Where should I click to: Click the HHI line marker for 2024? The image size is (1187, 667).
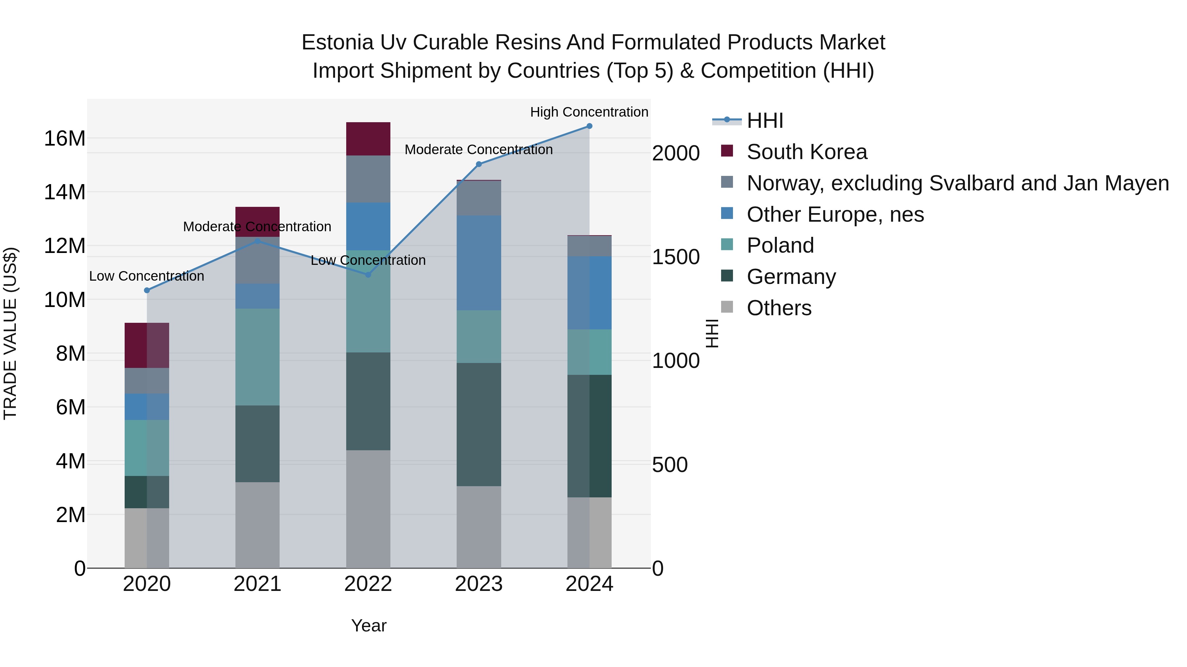[x=589, y=126]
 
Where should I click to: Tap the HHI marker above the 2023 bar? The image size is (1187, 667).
[x=478, y=164]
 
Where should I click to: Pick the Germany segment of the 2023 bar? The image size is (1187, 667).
[x=478, y=425]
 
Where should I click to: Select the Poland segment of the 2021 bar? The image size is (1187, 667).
[x=257, y=357]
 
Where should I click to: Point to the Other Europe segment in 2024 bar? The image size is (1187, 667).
[x=589, y=293]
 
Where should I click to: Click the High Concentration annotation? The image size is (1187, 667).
[x=589, y=112]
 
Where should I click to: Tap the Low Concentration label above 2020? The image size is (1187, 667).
[x=146, y=276]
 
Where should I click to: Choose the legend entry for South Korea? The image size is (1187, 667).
[x=807, y=152]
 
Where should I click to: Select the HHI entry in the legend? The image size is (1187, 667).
[x=765, y=121]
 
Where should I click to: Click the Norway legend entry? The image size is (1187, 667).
[x=958, y=183]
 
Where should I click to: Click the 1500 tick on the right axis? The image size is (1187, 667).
[x=676, y=257]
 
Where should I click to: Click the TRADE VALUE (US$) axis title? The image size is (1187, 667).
[x=10, y=333]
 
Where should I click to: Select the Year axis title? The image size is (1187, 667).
[x=369, y=625]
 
